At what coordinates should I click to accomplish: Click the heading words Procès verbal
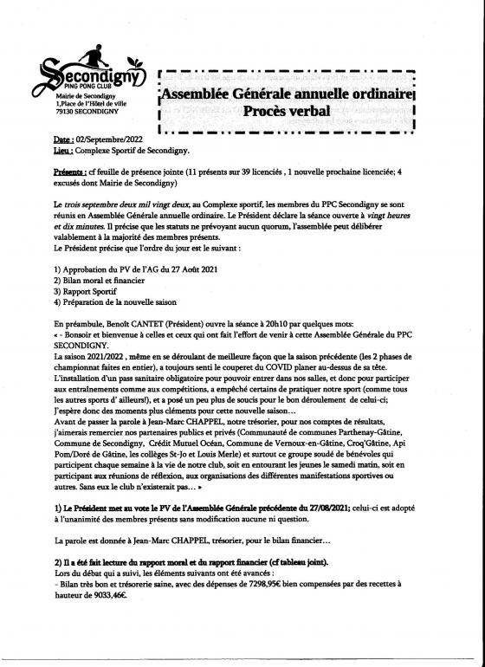(x=283, y=111)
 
